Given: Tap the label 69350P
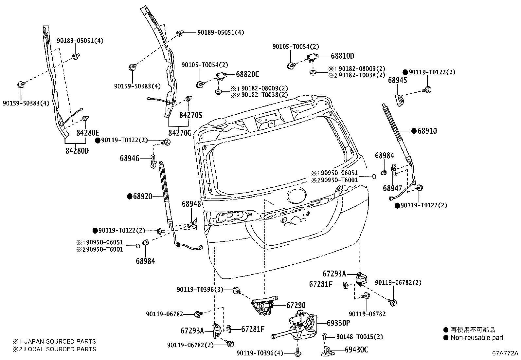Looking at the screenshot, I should click(338, 323).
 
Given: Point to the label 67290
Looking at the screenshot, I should click(296, 305).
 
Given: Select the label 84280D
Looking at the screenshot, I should click(77, 151).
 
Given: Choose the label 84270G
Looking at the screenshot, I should click(180, 133).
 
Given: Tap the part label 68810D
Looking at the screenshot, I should click(342, 56).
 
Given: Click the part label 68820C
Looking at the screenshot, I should click(247, 74).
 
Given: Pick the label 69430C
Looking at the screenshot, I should click(356, 350).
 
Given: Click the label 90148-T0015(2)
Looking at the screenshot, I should click(359, 336).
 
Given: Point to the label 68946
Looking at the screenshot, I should click(130, 159).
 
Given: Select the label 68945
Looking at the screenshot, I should click(398, 80).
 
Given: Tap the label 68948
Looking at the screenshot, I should click(191, 204).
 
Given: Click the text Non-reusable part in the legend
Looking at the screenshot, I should click(477, 338).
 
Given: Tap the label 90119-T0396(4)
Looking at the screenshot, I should click(260, 353).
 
